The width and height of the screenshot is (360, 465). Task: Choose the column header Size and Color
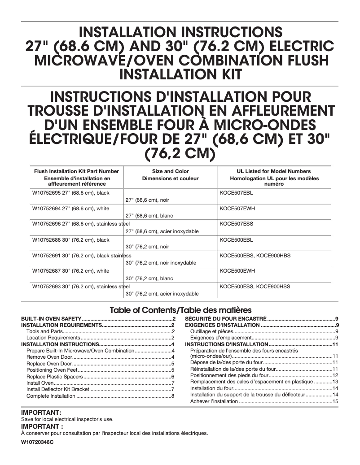point(171,171)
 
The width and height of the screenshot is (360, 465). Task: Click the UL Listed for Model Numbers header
point(273,171)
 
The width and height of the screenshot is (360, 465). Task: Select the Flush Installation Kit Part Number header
point(76,171)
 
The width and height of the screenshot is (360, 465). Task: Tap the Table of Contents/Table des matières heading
point(181,310)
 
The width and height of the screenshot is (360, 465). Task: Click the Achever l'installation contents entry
point(214,401)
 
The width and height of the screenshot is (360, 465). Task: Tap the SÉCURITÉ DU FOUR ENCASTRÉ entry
point(226,318)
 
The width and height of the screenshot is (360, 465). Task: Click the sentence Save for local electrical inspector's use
point(67,419)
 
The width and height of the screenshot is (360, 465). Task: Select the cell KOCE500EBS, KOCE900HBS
point(255,255)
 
